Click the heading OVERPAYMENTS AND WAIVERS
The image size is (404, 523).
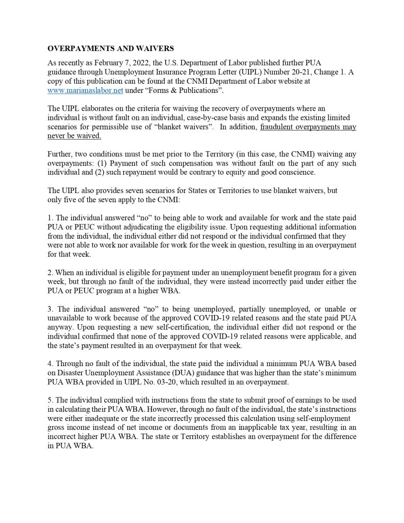coord(111,48)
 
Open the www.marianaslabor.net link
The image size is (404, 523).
coord(85,90)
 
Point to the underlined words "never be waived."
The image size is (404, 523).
coord(74,136)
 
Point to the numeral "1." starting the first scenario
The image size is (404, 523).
coord(50,218)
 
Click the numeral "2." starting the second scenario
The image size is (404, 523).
coord(50,273)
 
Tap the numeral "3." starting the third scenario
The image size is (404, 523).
coord(50,309)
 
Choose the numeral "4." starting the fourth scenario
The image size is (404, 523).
coord(50,364)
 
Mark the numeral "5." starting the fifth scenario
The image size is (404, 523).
coord(50,400)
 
